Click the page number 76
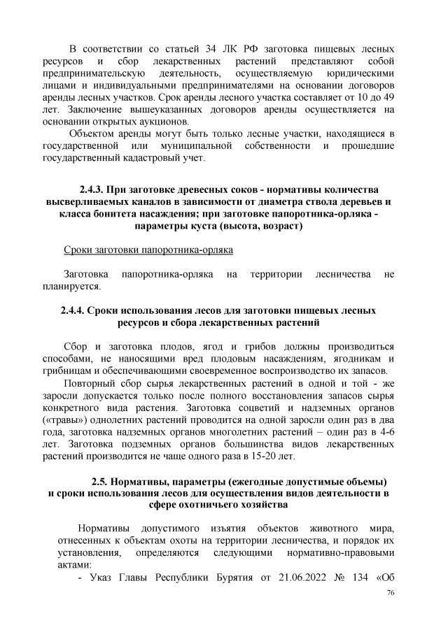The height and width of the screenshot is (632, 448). [x=391, y=611]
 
